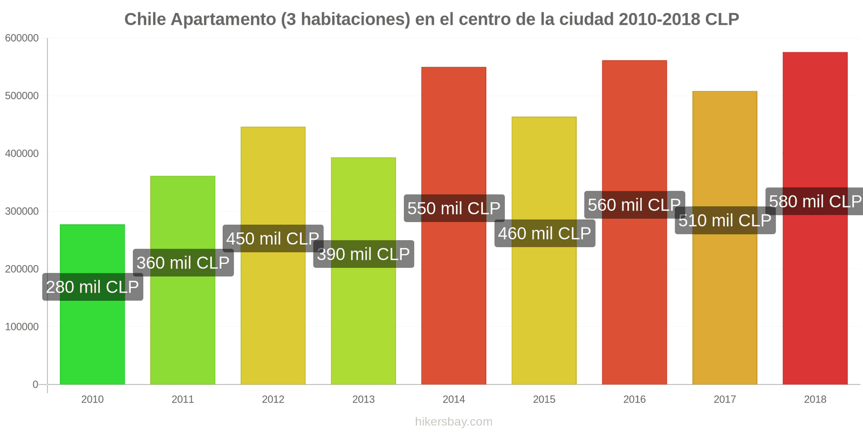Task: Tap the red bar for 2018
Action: (x=814, y=297)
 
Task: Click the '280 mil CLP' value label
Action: (x=93, y=287)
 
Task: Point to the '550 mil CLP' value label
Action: (x=454, y=208)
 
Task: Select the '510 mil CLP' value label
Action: (x=725, y=220)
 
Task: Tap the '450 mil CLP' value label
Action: (x=273, y=239)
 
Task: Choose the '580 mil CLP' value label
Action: (x=815, y=201)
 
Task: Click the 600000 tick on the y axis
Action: (x=22, y=38)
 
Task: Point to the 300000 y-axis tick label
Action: (x=22, y=212)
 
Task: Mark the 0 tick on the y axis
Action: (x=36, y=384)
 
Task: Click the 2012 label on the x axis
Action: (x=273, y=400)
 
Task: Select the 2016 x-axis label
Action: (x=634, y=400)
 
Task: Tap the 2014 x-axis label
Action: (x=454, y=400)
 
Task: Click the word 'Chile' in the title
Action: (x=145, y=19)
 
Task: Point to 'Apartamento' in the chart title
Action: (x=223, y=19)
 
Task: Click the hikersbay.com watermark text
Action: (x=454, y=422)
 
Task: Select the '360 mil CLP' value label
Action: (x=183, y=263)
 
